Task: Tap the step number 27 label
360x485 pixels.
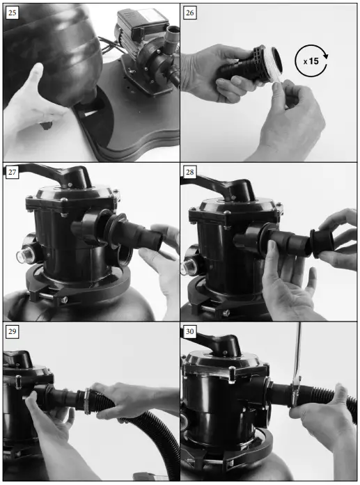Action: click(12, 173)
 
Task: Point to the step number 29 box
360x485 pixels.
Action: click(12, 333)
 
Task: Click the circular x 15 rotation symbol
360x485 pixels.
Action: click(311, 61)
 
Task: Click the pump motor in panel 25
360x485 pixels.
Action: click(139, 32)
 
